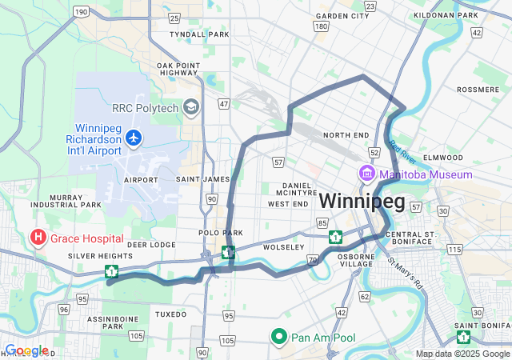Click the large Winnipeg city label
pos(362,201)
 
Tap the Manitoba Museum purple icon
pos(367,174)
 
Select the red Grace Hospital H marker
pos(38,238)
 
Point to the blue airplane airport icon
pos(134,138)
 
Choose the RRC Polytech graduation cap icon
pos(191,106)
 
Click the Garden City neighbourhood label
pos(342,16)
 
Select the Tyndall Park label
pos(199,34)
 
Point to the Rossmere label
pos(478,90)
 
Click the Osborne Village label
pos(356,259)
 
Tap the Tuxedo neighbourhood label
pos(170,314)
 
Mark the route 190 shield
pos(81,12)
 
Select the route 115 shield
pos(455,250)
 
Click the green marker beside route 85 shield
pos(335,237)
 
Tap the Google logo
pos(26,350)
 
